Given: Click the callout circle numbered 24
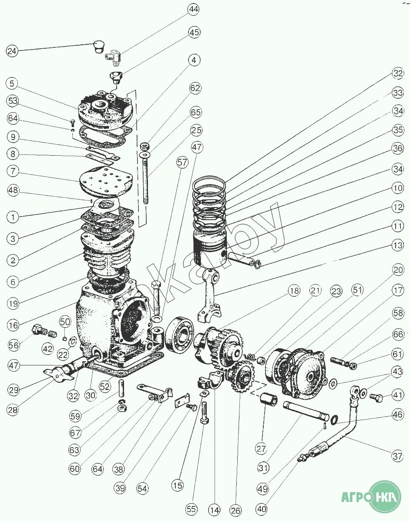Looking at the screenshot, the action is pos(12,51).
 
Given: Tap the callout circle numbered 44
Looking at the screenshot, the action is pos(193,9).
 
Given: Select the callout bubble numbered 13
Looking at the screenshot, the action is pos(398,245).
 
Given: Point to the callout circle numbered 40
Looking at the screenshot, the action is pos(262,509).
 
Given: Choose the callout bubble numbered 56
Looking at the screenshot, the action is pos(13,345).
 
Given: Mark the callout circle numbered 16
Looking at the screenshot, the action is pos(13,325).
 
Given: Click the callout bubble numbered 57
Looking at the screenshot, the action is pos(182,163).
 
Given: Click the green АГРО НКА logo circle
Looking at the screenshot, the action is pos(385,497).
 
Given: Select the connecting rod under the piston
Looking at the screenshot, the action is pos(209,295).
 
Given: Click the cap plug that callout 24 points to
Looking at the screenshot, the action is pos(98,47).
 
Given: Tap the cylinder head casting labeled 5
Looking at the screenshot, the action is pos(105,110).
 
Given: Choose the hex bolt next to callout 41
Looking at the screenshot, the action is pos(376,398).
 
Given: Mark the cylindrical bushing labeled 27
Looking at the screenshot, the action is pos(269,399).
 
